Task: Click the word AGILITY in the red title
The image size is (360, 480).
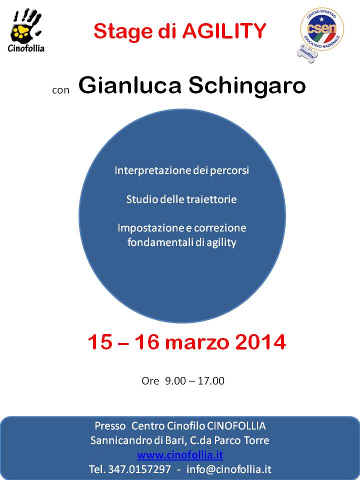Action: coord(224,31)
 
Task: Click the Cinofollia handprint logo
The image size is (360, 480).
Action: coord(26,30)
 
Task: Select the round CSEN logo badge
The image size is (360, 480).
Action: coord(322,29)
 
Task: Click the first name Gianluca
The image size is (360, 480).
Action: coord(130,85)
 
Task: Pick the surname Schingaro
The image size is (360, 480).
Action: coord(247,85)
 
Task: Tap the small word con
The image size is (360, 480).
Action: coord(61,90)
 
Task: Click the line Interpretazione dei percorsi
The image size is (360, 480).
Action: coord(182,170)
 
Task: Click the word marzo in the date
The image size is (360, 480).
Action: coord(197,343)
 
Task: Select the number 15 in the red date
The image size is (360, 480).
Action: coord(100,342)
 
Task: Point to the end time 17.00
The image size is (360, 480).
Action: coord(211,381)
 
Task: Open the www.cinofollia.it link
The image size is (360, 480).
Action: coord(180,455)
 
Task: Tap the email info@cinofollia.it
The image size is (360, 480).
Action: coord(228,469)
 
